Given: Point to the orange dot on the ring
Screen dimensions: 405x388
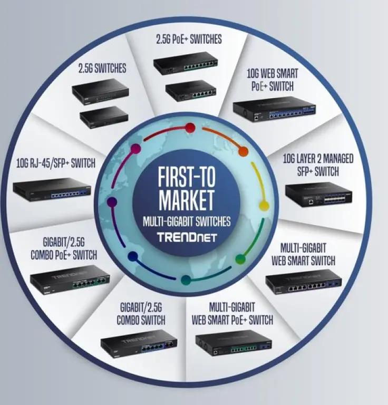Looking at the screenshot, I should click(x=243, y=152).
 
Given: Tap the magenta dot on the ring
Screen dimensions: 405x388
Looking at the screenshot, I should click(x=135, y=149).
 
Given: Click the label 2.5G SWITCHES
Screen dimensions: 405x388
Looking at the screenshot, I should click(x=102, y=69).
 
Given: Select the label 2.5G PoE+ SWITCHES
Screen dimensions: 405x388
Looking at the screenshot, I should click(x=189, y=39).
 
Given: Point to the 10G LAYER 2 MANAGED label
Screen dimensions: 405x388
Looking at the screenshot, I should click(x=318, y=159).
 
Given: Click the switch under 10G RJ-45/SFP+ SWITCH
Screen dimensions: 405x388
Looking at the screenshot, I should click(x=52, y=189).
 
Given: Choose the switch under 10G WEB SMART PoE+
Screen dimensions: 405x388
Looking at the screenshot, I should click(x=275, y=110).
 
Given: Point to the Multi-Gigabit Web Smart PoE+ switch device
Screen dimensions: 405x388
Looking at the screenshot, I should click(x=233, y=344).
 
